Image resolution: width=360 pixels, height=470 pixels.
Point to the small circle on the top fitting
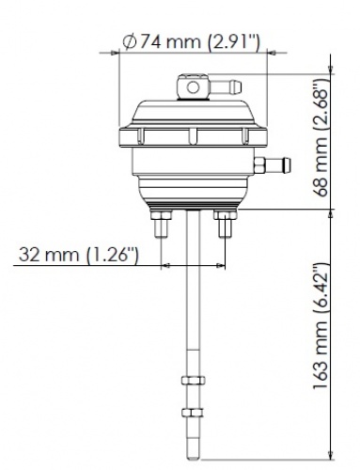tap(193, 87)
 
